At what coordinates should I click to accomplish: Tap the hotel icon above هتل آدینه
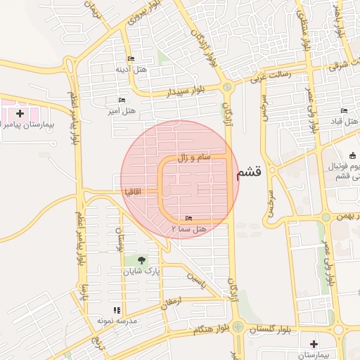pos(131,58)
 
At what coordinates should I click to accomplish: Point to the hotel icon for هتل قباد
pos(344,111)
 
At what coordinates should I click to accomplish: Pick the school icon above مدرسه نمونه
pos(117,310)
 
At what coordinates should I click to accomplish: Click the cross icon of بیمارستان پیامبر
pos(20,112)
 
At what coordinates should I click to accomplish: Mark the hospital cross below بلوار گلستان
pos(314,344)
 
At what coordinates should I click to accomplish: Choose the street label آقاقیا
pos(134,191)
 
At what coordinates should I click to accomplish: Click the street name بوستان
pos(120,240)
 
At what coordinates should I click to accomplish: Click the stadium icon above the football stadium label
pos(352,155)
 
